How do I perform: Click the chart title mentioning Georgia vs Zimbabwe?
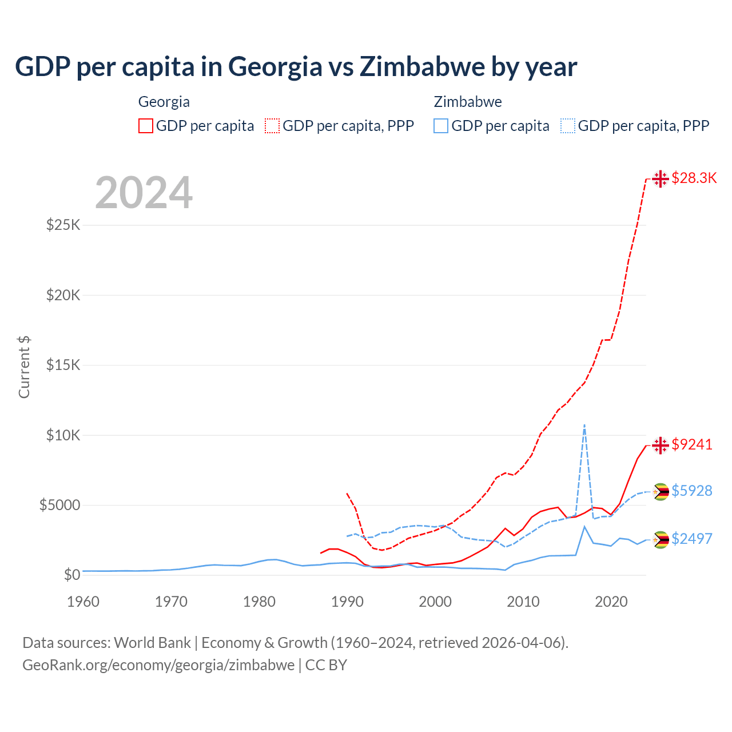[x=296, y=67]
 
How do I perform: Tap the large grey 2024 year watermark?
[x=144, y=193]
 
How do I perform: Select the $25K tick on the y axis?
[x=63, y=225]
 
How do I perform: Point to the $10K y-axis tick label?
[x=63, y=435]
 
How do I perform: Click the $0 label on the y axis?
[x=71, y=575]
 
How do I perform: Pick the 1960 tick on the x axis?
[x=83, y=602]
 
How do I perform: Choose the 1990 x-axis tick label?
[x=347, y=602]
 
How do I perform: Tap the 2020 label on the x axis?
[x=611, y=602]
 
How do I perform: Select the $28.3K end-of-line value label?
[x=694, y=178]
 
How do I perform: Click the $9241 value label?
[x=692, y=444]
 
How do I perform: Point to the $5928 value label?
[x=692, y=491]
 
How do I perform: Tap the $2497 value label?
[x=692, y=539]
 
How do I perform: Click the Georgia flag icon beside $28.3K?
[x=661, y=179]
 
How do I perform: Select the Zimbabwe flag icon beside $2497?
[x=661, y=539]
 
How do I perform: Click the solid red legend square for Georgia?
[x=146, y=126]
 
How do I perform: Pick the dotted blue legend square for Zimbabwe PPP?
[x=568, y=126]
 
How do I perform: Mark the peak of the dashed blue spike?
[x=584, y=425]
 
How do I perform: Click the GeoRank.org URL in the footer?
[x=158, y=665]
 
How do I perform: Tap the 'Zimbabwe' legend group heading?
[x=468, y=102]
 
